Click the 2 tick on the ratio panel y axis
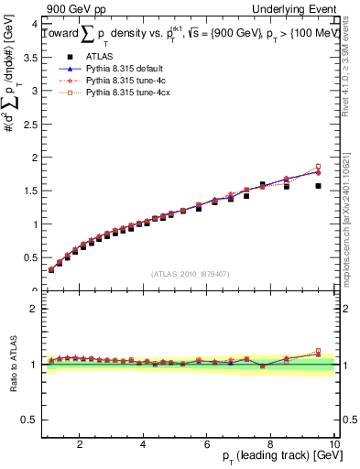tap(33, 309)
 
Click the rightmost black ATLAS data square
tap(318, 186)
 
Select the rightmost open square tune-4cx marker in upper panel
tap(318, 167)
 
